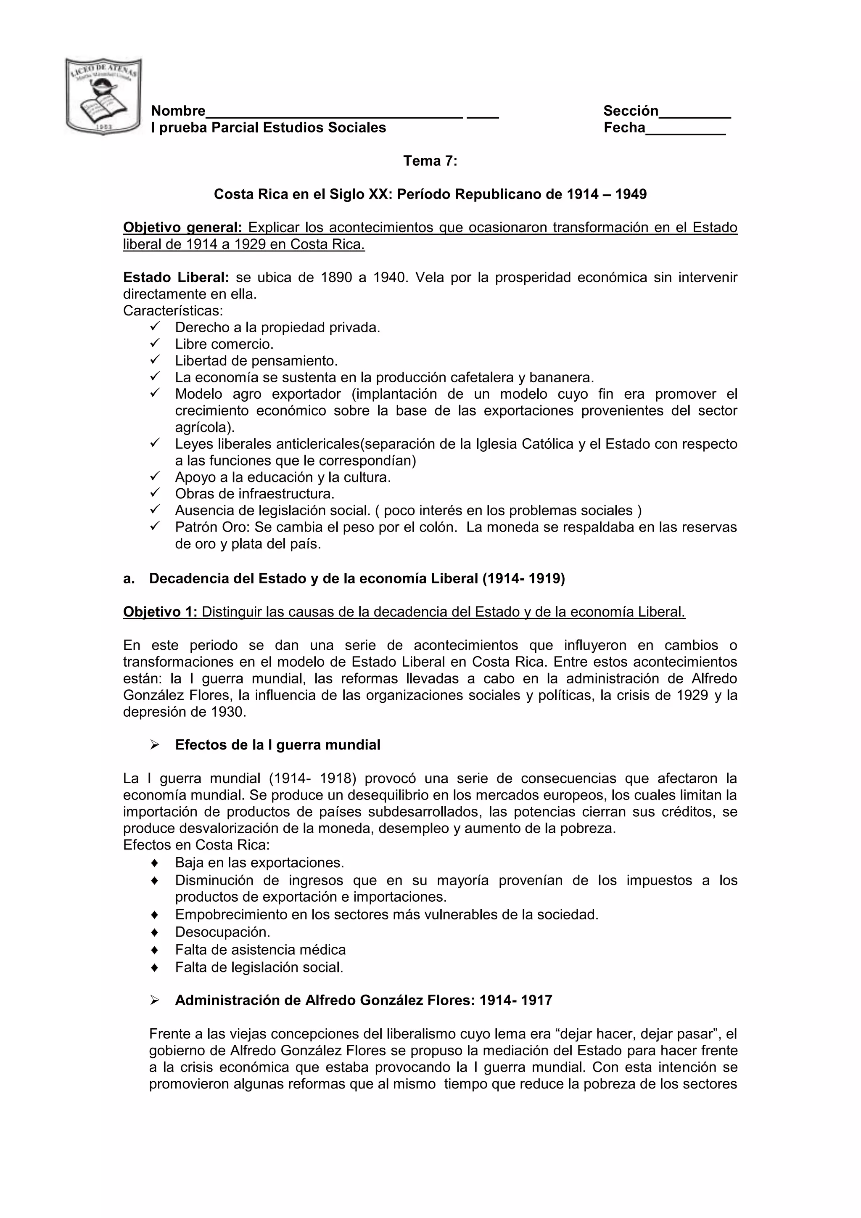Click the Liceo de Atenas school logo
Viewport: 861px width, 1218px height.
coord(103,96)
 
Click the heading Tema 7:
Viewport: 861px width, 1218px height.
coord(430,161)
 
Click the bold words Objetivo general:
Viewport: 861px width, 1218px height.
coord(182,228)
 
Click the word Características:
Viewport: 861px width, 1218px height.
coord(173,310)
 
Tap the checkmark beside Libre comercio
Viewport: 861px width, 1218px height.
coord(154,343)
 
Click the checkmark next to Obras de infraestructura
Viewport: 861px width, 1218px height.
coord(154,493)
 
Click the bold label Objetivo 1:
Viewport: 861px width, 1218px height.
coord(160,612)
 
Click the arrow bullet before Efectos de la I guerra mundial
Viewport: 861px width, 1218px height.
coord(154,745)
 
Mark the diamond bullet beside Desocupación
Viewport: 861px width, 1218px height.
coord(154,932)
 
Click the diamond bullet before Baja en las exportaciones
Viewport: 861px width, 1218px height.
coord(154,863)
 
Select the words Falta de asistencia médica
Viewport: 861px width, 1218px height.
coord(260,950)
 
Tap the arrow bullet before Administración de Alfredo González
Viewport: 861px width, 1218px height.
coord(154,1001)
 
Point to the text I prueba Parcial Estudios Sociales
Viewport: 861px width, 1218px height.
coord(268,128)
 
